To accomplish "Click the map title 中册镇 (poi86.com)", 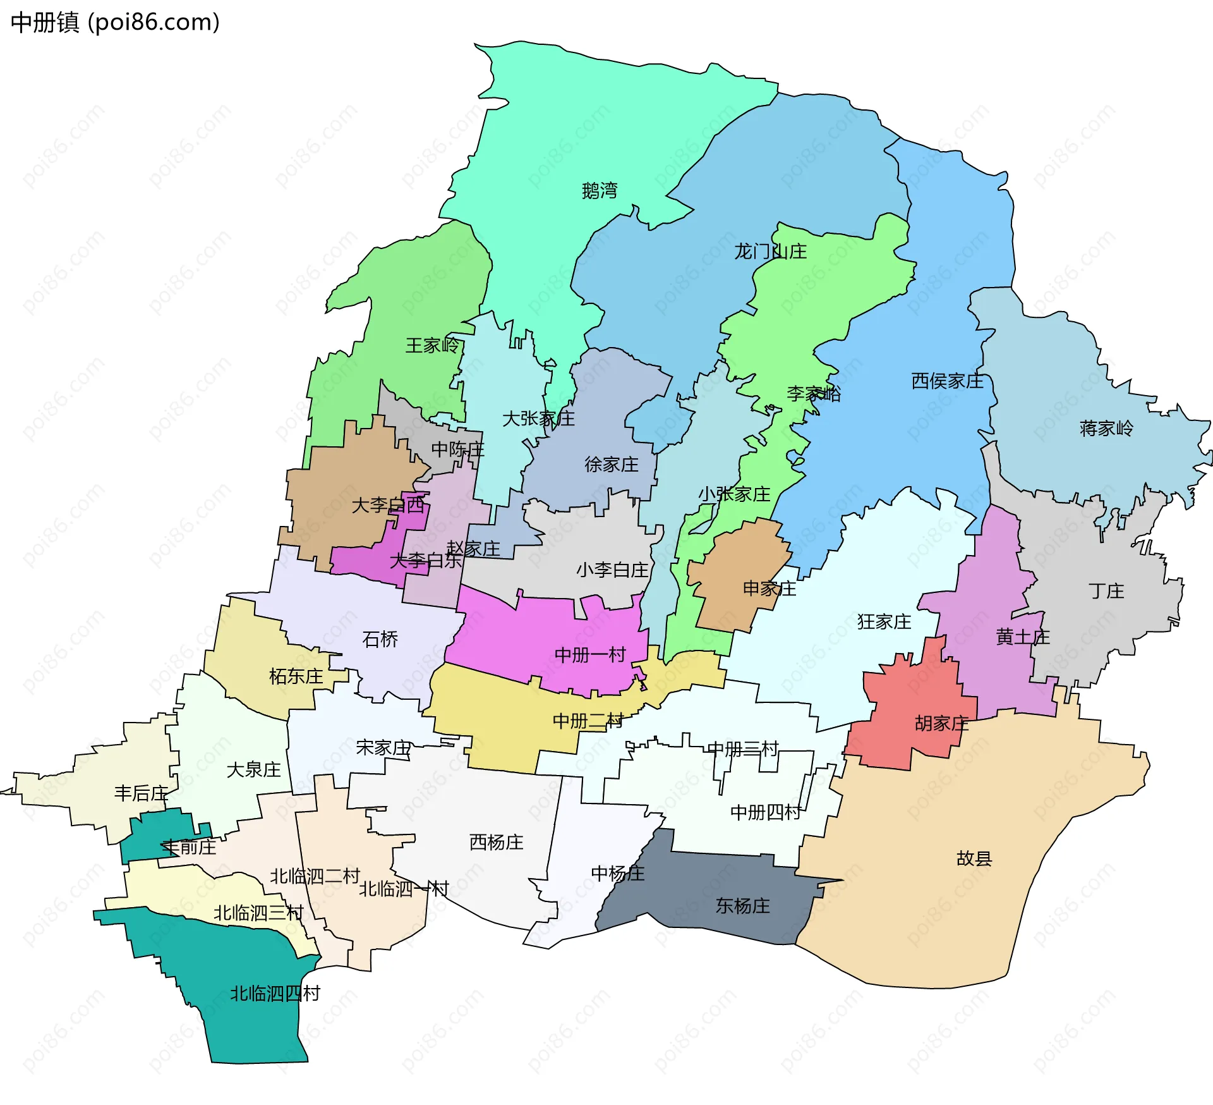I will click(115, 22).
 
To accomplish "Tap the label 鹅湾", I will click(599, 190).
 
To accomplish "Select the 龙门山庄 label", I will click(769, 252).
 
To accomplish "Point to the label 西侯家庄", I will click(947, 381).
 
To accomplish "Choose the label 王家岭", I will click(432, 345).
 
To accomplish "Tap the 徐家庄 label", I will click(611, 465).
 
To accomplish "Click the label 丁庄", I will click(1106, 591).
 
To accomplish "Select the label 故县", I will click(974, 858).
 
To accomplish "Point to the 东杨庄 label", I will click(742, 906).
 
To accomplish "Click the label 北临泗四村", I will click(275, 994).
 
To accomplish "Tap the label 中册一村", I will click(589, 655).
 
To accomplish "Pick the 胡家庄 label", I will click(941, 723).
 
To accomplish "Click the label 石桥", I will click(380, 639).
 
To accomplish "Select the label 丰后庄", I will click(141, 793).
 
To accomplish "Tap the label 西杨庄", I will click(496, 842).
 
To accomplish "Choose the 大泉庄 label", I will click(253, 770).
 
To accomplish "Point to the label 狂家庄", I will click(884, 622).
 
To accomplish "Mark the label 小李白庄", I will click(612, 570).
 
